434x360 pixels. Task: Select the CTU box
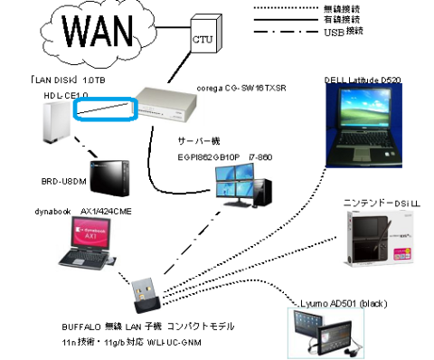[203, 42]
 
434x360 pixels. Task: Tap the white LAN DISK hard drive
[55, 124]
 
